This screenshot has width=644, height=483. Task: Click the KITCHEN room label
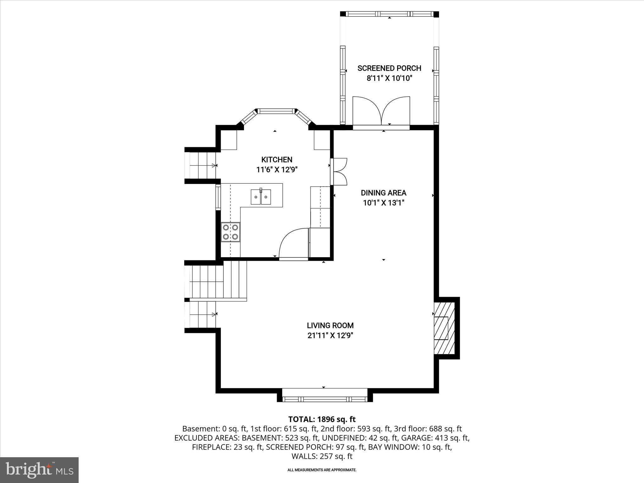coord(277,159)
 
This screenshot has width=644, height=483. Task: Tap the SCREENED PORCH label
coord(389,68)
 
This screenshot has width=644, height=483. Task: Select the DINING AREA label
coord(383,193)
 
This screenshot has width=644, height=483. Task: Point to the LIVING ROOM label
coord(330,325)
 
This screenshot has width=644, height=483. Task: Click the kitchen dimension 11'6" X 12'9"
coord(277,170)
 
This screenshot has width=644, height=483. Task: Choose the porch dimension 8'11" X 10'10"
coord(389,78)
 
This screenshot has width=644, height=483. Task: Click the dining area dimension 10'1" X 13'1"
coord(383,203)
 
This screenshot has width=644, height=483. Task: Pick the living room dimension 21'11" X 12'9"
coord(330,336)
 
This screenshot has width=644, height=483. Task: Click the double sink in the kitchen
coord(261,197)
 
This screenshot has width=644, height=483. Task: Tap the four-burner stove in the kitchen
coord(230,232)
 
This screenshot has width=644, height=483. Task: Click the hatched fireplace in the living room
coord(444,328)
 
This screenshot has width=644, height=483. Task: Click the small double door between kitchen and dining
coord(340,172)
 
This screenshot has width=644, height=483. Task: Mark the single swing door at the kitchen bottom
coord(293,244)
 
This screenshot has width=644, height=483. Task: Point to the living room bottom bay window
coord(325,399)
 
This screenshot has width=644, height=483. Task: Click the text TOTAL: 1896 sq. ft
coord(322,419)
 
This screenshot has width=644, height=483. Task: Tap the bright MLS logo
coord(39,469)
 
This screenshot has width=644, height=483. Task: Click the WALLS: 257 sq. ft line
coord(322,456)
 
